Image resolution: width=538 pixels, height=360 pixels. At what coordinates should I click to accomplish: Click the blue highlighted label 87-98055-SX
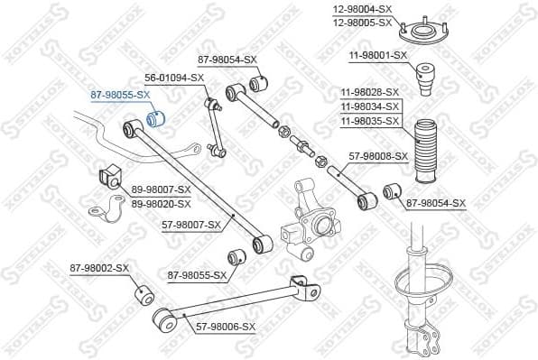(119, 94)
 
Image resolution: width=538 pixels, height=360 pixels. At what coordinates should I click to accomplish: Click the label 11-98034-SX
(370, 106)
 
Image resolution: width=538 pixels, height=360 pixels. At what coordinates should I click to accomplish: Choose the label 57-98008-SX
(377, 155)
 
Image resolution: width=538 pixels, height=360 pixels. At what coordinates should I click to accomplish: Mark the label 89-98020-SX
(162, 204)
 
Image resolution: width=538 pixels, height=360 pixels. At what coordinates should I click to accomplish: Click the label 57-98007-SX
(191, 224)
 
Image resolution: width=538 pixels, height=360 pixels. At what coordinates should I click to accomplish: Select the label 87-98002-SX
(100, 268)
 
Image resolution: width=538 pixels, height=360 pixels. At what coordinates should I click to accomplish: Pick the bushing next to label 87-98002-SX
(143, 294)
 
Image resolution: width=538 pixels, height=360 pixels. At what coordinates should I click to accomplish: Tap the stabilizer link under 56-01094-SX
(215, 126)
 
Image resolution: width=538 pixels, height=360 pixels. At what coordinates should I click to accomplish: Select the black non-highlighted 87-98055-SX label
(197, 274)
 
